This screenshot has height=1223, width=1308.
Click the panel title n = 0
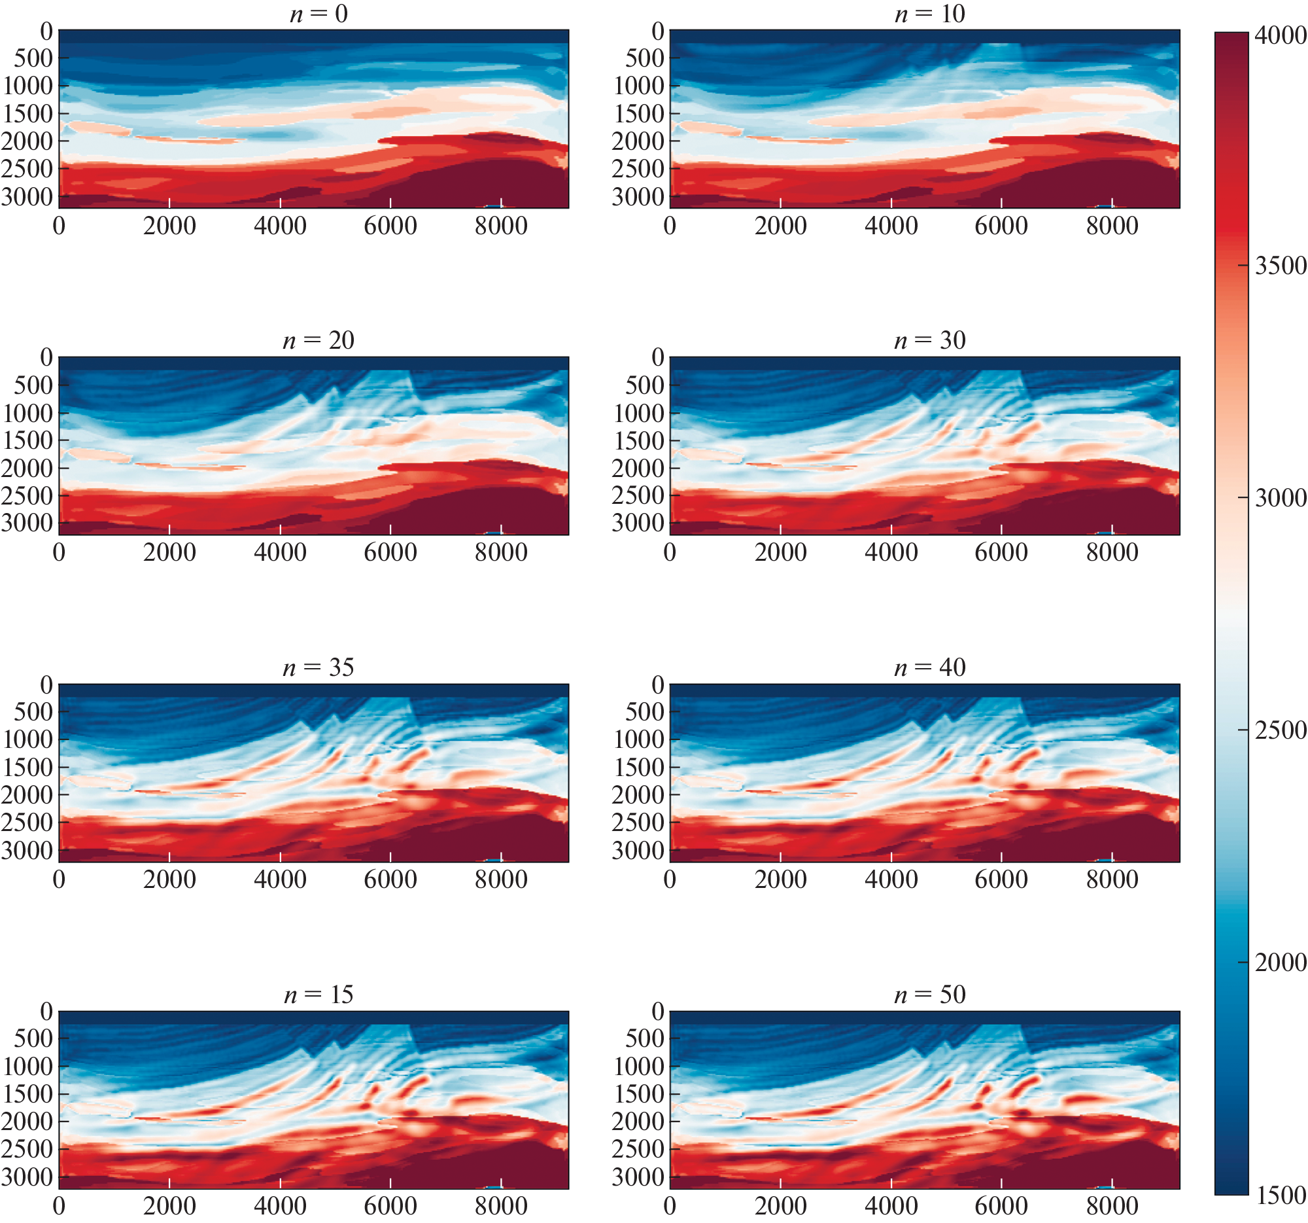[x=318, y=13]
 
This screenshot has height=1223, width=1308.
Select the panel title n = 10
[x=929, y=13]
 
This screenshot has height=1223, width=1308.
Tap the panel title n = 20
[x=318, y=340]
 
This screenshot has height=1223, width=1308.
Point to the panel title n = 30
[x=929, y=340]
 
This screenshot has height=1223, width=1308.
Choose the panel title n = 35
[x=318, y=667]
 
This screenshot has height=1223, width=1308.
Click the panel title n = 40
[x=929, y=667]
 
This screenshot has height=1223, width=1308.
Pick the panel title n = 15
[x=318, y=994]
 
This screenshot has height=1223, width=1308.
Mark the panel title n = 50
[x=929, y=994]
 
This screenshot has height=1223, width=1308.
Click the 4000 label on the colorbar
[x=1280, y=35]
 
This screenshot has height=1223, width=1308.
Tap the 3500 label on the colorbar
[x=1280, y=265]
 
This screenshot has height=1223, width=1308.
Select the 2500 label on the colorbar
[x=1280, y=730]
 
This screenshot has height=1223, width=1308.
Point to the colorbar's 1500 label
[x=1280, y=1195]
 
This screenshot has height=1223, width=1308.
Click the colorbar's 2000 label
[x=1280, y=963]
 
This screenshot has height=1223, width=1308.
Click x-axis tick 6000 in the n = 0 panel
[x=390, y=226]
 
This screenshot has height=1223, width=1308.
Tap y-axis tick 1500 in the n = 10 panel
[x=638, y=113]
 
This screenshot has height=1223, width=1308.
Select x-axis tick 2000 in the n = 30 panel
[x=780, y=552]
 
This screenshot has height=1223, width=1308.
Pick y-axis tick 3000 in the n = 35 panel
[x=27, y=851]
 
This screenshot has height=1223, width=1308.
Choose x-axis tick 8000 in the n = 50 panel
[x=1112, y=1206]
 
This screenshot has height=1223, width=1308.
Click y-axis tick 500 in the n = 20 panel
[x=33, y=385]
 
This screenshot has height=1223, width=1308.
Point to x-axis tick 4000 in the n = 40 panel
[x=891, y=879]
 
